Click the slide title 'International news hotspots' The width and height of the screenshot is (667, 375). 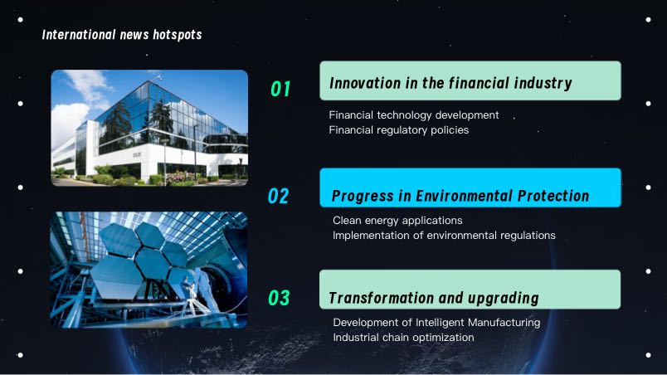122,35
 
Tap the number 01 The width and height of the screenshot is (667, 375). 280,89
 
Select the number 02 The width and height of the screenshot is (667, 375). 279,196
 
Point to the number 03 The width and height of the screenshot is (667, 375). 279,298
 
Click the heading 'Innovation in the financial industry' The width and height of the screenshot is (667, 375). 451,83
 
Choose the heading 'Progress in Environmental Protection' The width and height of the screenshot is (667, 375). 460,196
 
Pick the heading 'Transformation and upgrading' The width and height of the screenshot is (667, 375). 434,298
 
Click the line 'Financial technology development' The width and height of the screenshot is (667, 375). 414,115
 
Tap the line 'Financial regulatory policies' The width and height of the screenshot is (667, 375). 399,130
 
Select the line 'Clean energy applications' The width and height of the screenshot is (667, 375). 397,221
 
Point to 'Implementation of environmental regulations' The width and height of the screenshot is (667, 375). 444,236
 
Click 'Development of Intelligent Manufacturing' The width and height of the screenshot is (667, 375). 437,323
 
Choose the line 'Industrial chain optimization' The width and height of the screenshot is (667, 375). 404,338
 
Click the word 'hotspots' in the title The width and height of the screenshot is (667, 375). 178,35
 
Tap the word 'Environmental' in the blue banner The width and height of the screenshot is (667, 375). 464,196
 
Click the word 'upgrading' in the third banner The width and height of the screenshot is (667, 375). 504,299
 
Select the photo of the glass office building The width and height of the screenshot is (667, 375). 149,128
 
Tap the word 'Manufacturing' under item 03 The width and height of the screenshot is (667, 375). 504,323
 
